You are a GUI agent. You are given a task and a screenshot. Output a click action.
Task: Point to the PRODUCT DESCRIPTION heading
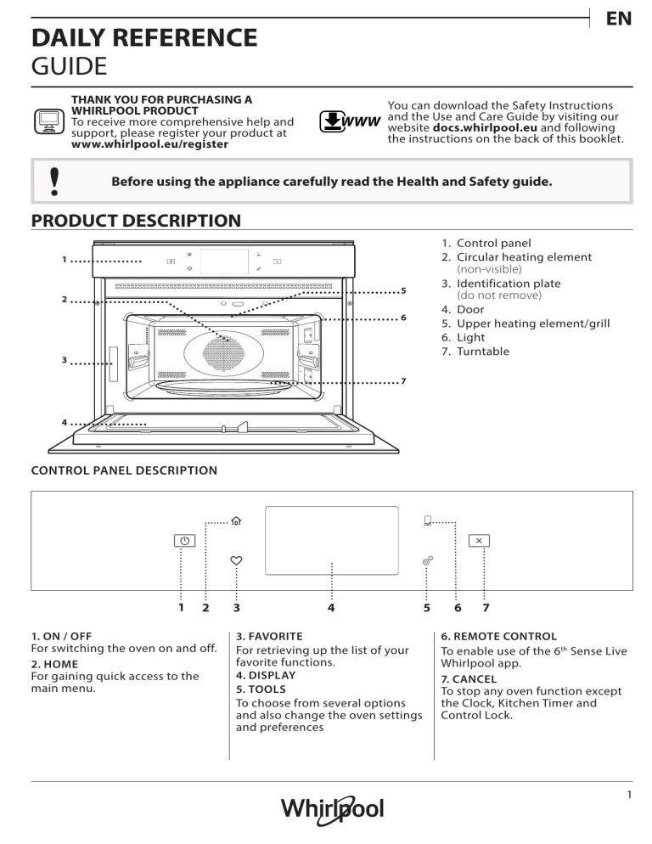pos(136,221)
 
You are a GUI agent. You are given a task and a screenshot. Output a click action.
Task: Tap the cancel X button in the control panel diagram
pos(480,540)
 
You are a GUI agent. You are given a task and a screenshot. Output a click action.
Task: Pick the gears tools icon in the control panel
pos(428,561)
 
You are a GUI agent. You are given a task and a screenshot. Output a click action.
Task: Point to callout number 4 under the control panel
pos(331,608)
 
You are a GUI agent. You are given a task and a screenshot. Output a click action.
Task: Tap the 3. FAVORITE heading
pos(267,635)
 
